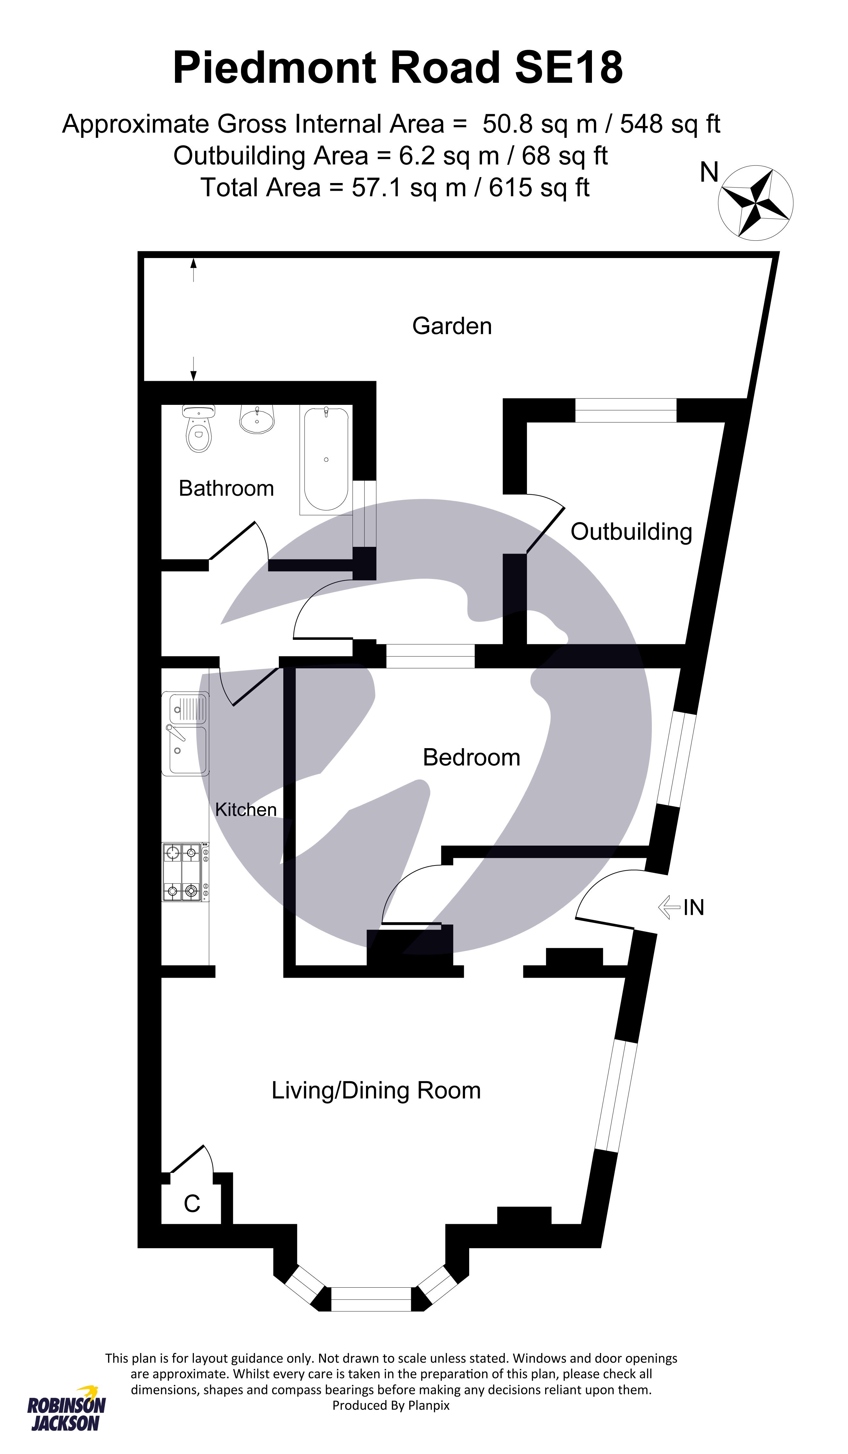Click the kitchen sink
[x=186, y=733]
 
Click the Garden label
[x=452, y=326]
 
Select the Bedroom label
[x=471, y=757]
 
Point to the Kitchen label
[x=246, y=809]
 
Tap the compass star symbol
[x=756, y=203]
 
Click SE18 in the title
[x=569, y=68]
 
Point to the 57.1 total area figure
[x=376, y=188]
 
